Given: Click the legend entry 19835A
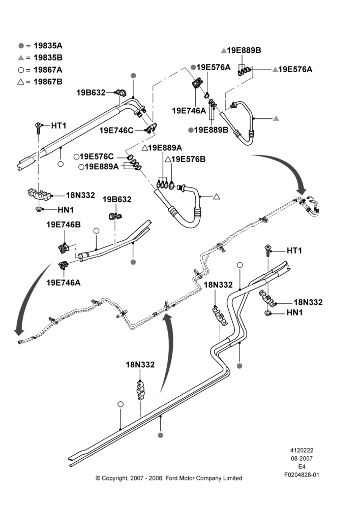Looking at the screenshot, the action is [40, 46].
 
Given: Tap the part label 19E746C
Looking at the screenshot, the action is [116, 131].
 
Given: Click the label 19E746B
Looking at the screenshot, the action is [64, 225].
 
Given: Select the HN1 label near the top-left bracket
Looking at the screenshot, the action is [66, 210].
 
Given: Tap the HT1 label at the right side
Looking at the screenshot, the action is [294, 251].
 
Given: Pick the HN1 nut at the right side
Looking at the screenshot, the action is [268, 312].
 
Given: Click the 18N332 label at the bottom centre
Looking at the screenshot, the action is [140, 365].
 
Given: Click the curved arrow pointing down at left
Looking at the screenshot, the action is [27, 300].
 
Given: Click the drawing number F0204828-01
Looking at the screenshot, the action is [302, 474].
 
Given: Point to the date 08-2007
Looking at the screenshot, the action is [302, 458].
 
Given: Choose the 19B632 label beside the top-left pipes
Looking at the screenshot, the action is [91, 92].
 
